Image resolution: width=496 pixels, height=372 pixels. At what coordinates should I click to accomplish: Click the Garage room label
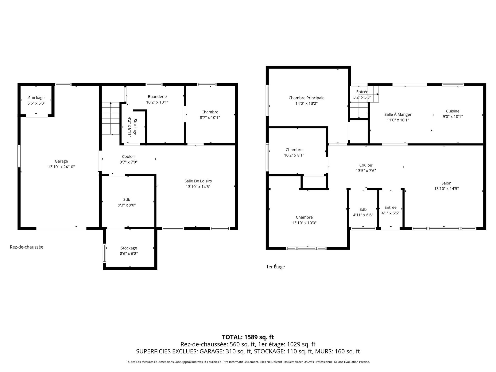click(61, 161)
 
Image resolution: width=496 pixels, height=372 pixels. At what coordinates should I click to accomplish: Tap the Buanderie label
click(157, 97)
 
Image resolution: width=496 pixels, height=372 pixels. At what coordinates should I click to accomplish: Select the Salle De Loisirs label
click(198, 181)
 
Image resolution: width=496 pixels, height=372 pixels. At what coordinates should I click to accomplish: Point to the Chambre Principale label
click(306, 98)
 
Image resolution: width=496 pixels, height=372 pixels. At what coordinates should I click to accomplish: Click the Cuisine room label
click(453, 111)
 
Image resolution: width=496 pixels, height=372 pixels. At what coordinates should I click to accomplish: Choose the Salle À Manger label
click(398, 114)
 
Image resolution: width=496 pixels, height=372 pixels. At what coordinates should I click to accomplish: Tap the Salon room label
click(446, 183)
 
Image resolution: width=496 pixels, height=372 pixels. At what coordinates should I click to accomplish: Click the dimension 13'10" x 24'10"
click(61, 167)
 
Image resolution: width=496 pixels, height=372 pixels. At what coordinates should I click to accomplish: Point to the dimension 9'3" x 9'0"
click(127, 205)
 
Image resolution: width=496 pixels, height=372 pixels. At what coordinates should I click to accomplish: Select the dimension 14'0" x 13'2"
click(306, 104)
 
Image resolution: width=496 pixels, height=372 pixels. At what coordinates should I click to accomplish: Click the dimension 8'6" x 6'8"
click(129, 254)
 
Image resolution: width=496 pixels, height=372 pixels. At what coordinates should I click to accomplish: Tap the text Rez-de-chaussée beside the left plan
click(27, 247)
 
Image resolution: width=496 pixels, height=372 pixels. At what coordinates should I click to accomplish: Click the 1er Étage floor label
click(275, 267)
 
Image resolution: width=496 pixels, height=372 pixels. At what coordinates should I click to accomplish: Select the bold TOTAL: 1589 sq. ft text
click(248, 337)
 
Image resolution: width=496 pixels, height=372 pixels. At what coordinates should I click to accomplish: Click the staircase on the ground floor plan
click(111, 119)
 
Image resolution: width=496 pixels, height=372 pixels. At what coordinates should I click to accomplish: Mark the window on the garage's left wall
click(19, 156)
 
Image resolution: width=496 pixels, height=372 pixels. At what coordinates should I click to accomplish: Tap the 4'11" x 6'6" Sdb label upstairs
click(363, 212)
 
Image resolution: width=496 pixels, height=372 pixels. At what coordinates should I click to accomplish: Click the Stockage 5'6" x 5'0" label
click(36, 100)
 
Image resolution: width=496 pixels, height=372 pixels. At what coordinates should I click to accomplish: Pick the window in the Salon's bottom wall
click(444, 228)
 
